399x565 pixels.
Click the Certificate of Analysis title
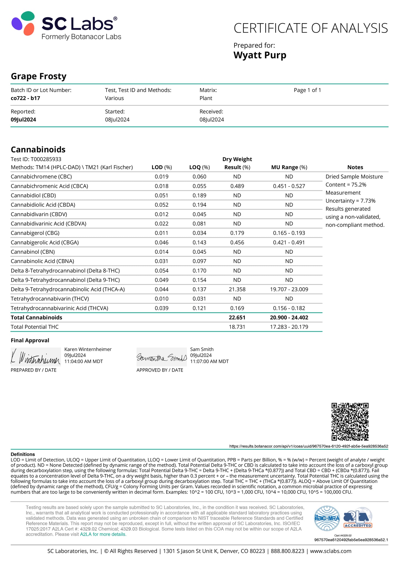[x=311, y=28]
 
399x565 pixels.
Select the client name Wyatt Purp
[x=260, y=55]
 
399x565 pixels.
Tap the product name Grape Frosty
[x=39, y=76]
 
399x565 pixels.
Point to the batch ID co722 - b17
[x=25, y=98]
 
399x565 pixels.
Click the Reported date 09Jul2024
[x=23, y=120]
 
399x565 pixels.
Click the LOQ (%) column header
[x=199, y=167]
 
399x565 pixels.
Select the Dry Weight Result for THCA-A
[x=237, y=289]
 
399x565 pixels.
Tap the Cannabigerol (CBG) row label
[x=35, y=233]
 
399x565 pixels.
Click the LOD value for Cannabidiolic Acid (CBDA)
[x=162, y=205]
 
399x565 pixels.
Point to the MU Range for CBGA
[x=289, y=242]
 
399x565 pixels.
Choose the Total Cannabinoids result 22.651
[x=237, y=317]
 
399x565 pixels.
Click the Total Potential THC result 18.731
[x=237, y=327]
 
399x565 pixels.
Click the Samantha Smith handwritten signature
[x=162, y=358]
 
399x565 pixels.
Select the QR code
[x=350, y=422]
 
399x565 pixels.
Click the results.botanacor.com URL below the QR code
[x=309, y=446]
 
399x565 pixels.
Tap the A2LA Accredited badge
[x=358, y=519]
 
